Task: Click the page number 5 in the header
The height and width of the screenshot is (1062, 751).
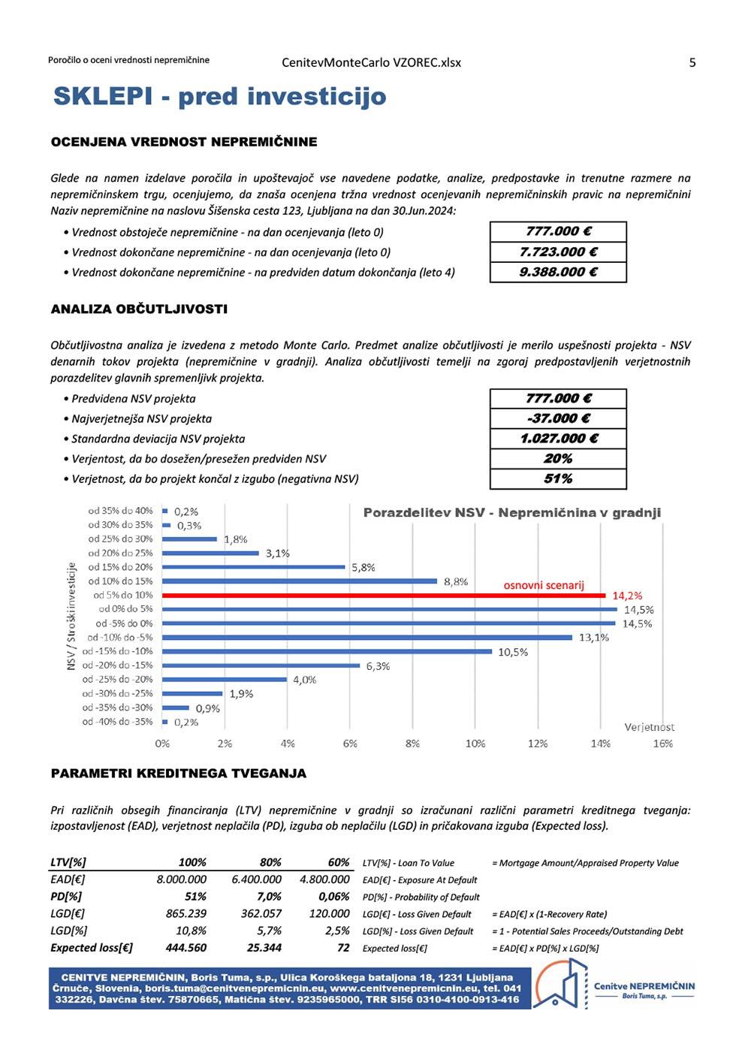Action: point(692,62)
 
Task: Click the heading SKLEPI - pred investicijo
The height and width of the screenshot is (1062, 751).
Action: point(219,97)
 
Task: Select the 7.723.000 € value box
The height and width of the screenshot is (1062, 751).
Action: point(558,252)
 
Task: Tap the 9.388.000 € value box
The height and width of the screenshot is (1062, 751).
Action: point(558,273)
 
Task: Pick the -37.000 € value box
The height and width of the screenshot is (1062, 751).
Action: point(558,419)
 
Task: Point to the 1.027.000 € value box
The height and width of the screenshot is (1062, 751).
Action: point(558,439)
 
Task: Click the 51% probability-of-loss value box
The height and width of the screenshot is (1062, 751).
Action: point(558,479)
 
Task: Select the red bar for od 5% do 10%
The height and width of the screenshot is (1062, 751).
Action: point(383,596)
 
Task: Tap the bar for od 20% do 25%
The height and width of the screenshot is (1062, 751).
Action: point(210,554)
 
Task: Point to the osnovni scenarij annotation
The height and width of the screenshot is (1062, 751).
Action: point(543,585)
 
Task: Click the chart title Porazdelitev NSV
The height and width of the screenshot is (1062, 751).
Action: point(511,513)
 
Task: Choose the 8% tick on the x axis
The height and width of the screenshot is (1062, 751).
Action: point(412,744)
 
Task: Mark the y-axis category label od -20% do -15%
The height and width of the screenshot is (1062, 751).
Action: point(117,665)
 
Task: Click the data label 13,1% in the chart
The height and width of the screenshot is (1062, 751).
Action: point(593,638)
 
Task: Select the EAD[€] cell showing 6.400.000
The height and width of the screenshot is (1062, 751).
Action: point(256,879)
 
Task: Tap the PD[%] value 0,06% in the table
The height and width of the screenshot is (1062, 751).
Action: point(333,897)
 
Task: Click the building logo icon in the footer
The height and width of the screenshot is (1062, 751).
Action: point(560,984)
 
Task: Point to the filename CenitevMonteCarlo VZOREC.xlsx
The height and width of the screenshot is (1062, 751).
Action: point(371,62)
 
